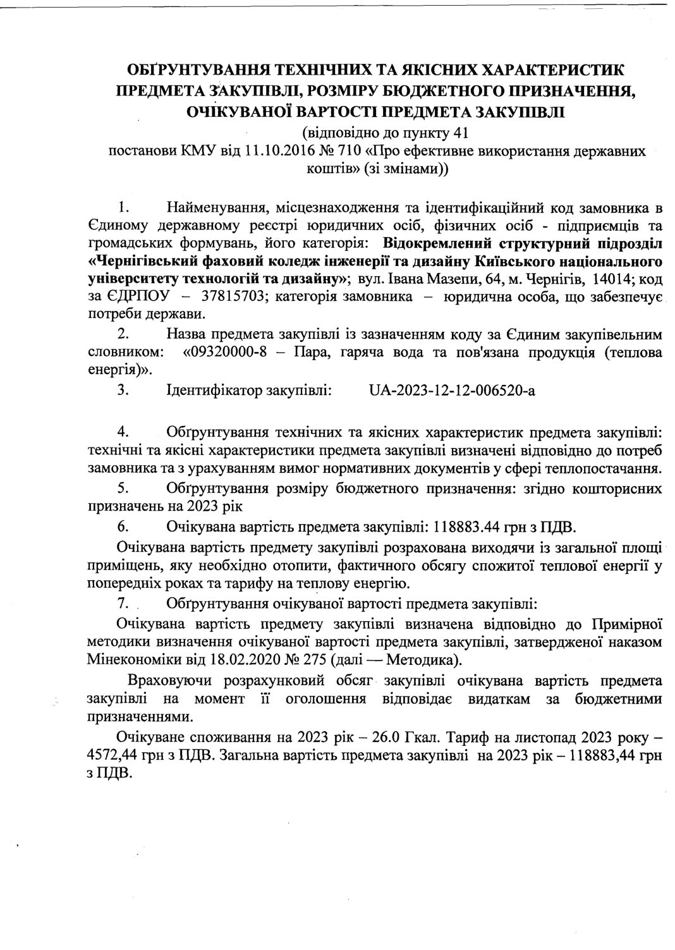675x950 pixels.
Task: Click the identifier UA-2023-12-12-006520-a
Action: tap(451, 391)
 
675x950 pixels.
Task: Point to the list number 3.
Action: tap(123, 391)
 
